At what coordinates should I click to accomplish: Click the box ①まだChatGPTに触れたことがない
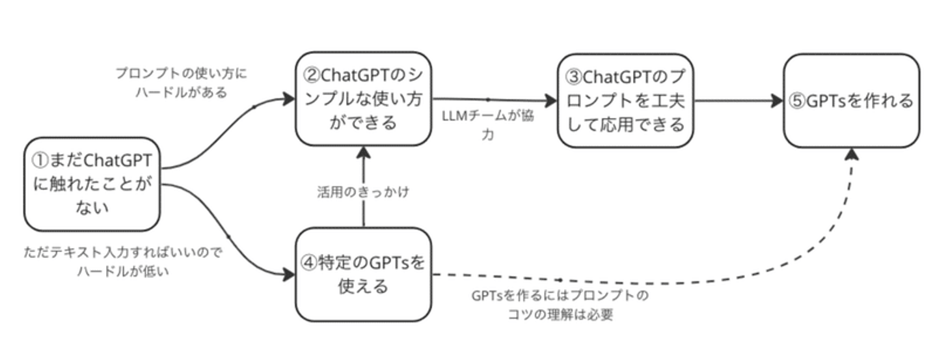(x=92, y=184)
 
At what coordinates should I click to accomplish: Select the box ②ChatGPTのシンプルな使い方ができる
(x=363, y=98)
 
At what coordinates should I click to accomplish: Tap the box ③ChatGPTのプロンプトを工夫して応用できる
(x=625, y=100)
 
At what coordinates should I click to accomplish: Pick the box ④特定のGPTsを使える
(x=364, y=274)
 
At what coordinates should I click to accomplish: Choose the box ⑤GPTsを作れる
(x=851, y=100)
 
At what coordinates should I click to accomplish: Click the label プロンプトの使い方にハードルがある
(x=182, y=83)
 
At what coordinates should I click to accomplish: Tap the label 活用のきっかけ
(x=363, y=193)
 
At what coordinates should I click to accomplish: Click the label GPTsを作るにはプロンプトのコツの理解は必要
(x=560, y=305)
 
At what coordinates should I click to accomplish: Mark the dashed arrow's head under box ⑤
(x=851, y=154)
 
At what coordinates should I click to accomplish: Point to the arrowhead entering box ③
(x=551, y=101)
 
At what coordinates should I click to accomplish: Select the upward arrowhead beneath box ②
(x=363, y=152)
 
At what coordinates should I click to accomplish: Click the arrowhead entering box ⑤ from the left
(x=777, y=101)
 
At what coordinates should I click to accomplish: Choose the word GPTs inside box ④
(x=389, y=262)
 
